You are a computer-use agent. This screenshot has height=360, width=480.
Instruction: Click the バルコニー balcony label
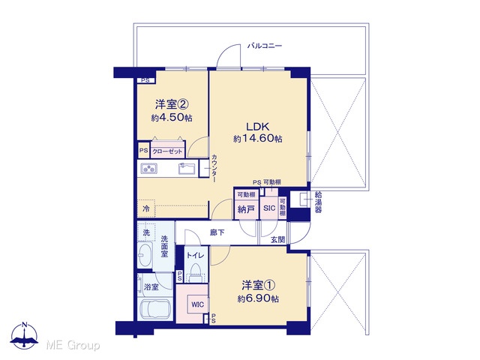[x=265, y=46]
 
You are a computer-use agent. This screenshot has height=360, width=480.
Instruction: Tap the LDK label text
[x=258, y=127]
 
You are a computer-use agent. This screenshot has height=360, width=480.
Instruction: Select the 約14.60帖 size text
[x=258, y=139]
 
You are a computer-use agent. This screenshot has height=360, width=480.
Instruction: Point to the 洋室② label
[x=172, y=105]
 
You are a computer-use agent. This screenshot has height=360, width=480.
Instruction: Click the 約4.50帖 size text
[x=172, y=118]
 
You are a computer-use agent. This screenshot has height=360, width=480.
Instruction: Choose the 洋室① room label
[x=258, y=285]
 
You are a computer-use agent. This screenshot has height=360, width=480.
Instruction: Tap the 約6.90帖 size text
[x=258, y=298]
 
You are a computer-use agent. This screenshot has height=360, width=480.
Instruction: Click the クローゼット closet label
[x=167, y=151]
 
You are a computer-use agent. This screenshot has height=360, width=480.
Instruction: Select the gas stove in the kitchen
[x=149, y=168]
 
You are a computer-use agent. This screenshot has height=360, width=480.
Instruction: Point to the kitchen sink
[x=187, y=168]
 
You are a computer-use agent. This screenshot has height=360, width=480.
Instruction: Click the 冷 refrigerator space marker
[x=146, y=208]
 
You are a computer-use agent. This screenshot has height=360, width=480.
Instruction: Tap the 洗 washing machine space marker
[x=146, y=232]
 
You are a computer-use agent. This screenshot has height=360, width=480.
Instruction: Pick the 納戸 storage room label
[x=246, y=209]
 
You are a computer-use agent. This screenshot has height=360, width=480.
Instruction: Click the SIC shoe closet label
[x=269, y=208]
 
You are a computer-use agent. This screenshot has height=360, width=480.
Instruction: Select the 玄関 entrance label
[x=277, y=240]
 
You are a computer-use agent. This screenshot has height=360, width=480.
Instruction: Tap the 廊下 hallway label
[x=217, y=232]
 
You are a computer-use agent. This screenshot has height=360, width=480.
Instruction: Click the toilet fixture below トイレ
[x=196, y=272]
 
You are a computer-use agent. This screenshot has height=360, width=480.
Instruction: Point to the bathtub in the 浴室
[x=155, y=309]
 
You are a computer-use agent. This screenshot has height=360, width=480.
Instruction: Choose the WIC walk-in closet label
[x=197, y=304]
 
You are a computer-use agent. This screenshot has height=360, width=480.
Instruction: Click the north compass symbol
[x=25, y=336]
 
